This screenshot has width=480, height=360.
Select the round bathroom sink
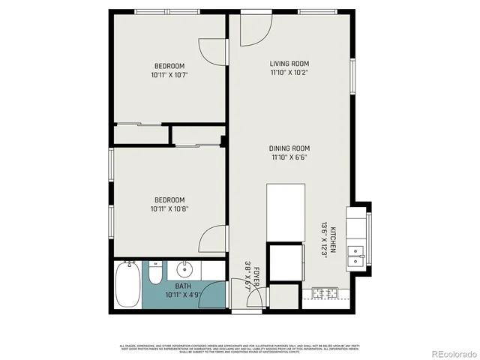[184, 269]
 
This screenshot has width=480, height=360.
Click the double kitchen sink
[356, 257]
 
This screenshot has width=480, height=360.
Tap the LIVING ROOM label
[289, 64]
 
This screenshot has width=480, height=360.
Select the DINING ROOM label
[289, 148]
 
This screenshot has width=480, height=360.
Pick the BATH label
[183, 286]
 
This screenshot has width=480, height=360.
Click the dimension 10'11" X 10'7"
[169, 75]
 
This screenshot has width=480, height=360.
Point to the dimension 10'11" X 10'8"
[169, 208]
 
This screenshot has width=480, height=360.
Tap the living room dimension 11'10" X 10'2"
[289, 73]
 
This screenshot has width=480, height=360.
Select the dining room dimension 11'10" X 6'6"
[289, 157]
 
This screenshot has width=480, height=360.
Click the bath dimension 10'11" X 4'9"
[183, 295]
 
